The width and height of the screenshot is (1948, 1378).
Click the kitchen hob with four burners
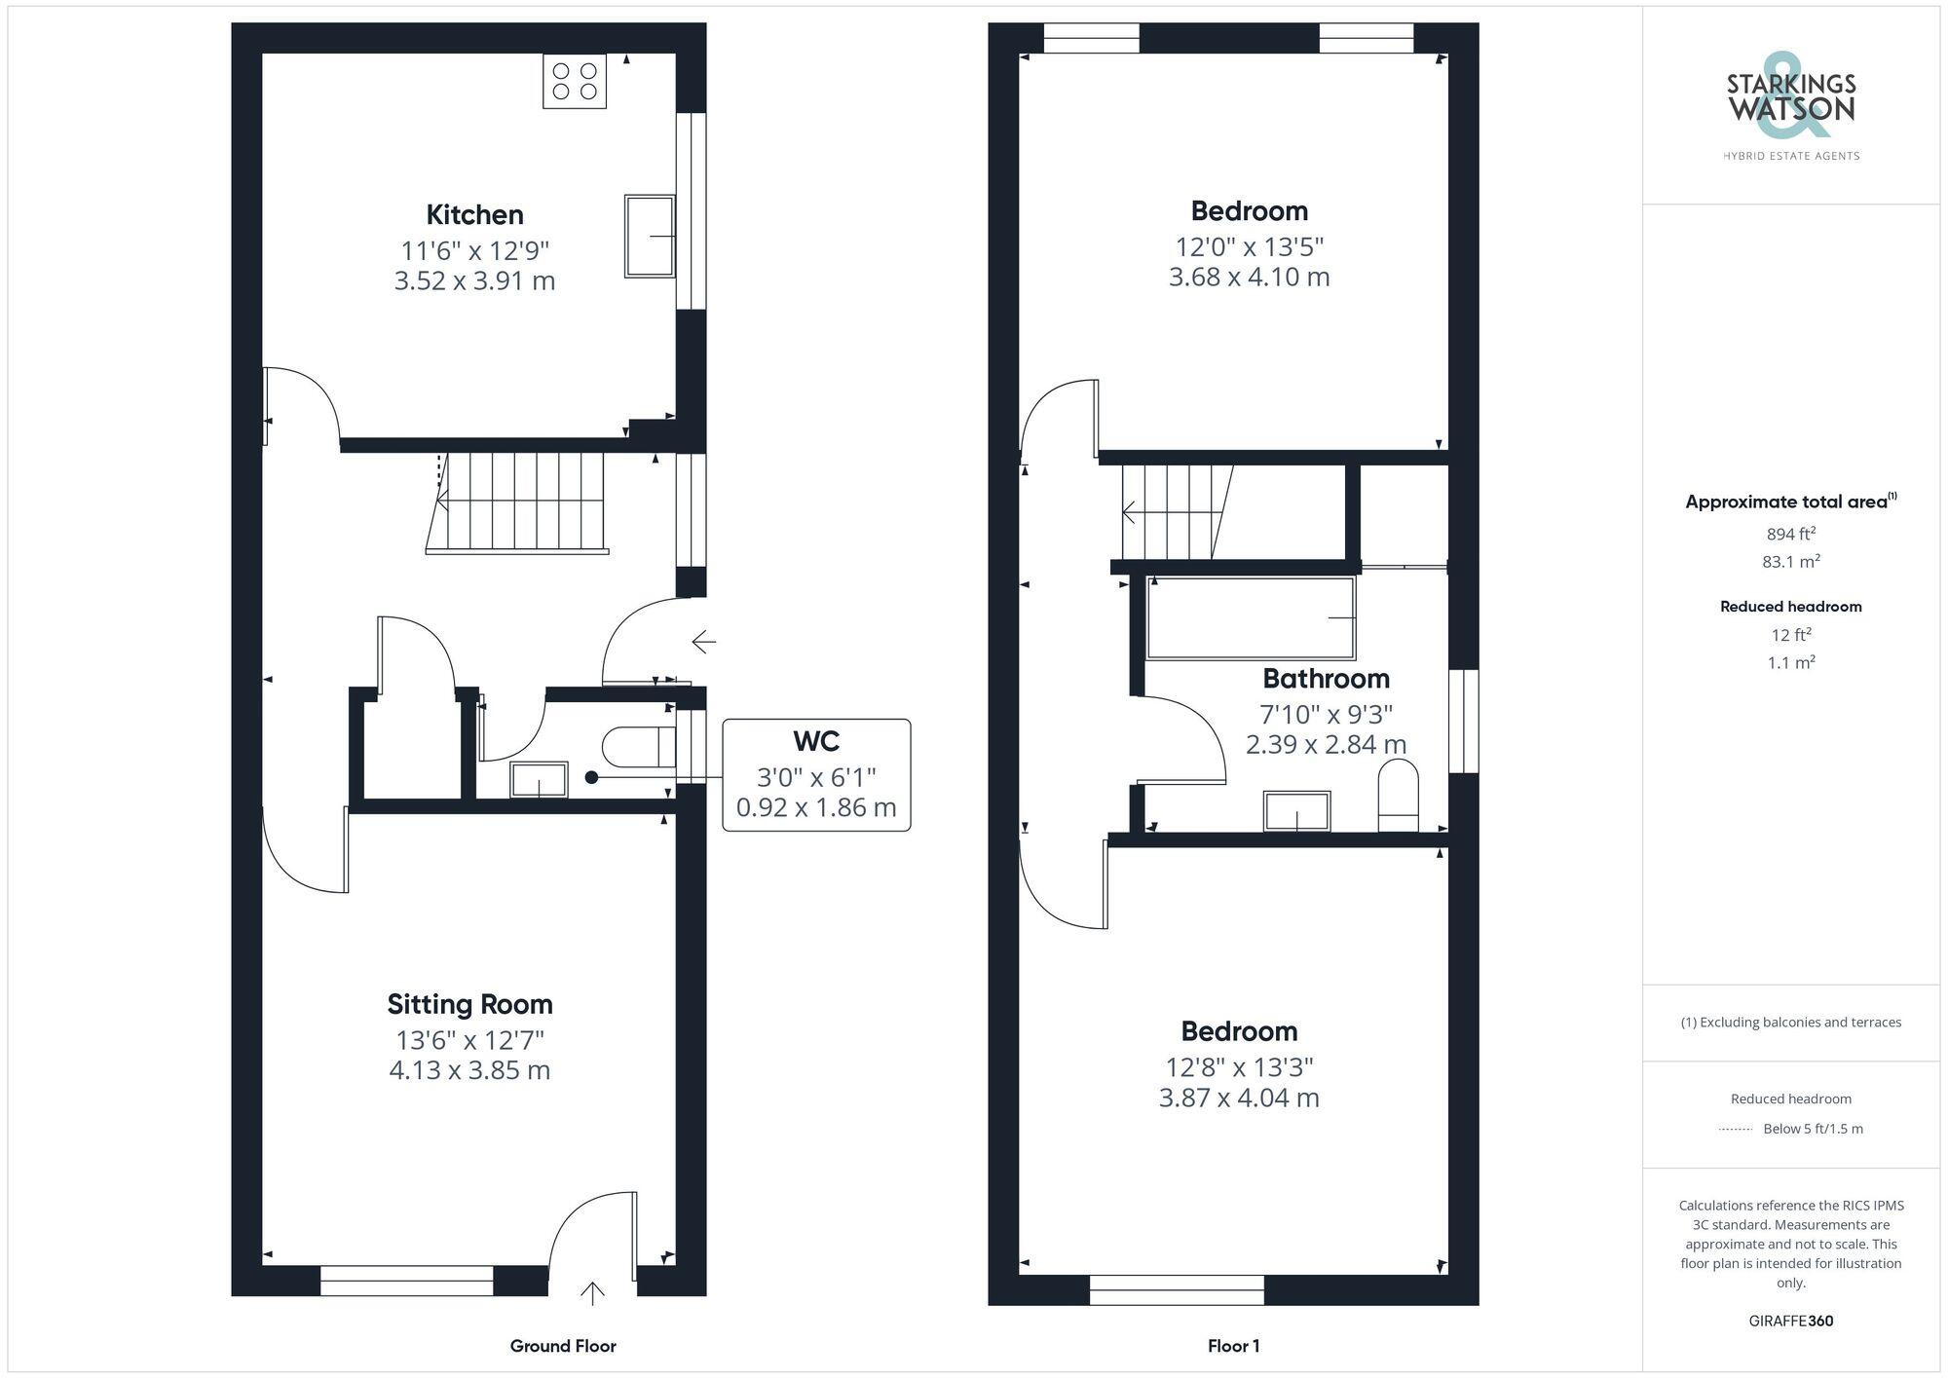tap(575, 81)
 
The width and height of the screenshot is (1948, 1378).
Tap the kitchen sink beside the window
tap(649, 236)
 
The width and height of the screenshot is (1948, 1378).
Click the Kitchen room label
tap(474, 214)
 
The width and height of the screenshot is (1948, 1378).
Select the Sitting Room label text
tap(469, 1004)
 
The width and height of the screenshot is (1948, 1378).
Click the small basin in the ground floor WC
tap(539, 779)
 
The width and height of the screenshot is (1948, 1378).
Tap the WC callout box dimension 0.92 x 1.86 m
tap(816, 807)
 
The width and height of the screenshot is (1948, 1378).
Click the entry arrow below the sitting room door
tap(592, 1292)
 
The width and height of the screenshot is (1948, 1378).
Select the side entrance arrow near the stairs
tap(703, 642)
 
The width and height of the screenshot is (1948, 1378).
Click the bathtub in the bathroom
tap(1251, 618)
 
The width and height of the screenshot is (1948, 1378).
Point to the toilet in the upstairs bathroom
tap(1398, 796)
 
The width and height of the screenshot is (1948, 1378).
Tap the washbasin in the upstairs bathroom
tap(1296, 810)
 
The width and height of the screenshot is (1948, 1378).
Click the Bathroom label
tap(1326, 679)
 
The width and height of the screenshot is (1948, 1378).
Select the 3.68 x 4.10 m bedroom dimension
tap(1249, 277)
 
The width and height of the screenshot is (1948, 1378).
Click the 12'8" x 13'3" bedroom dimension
tap(1239, 1067)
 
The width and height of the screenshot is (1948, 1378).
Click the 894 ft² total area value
tap(1790, 534)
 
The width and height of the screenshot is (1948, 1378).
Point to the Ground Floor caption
tap(563, 1346)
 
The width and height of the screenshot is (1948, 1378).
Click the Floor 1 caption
tap(1233, 1346)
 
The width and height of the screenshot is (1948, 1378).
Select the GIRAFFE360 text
tap(1790, 1321)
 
